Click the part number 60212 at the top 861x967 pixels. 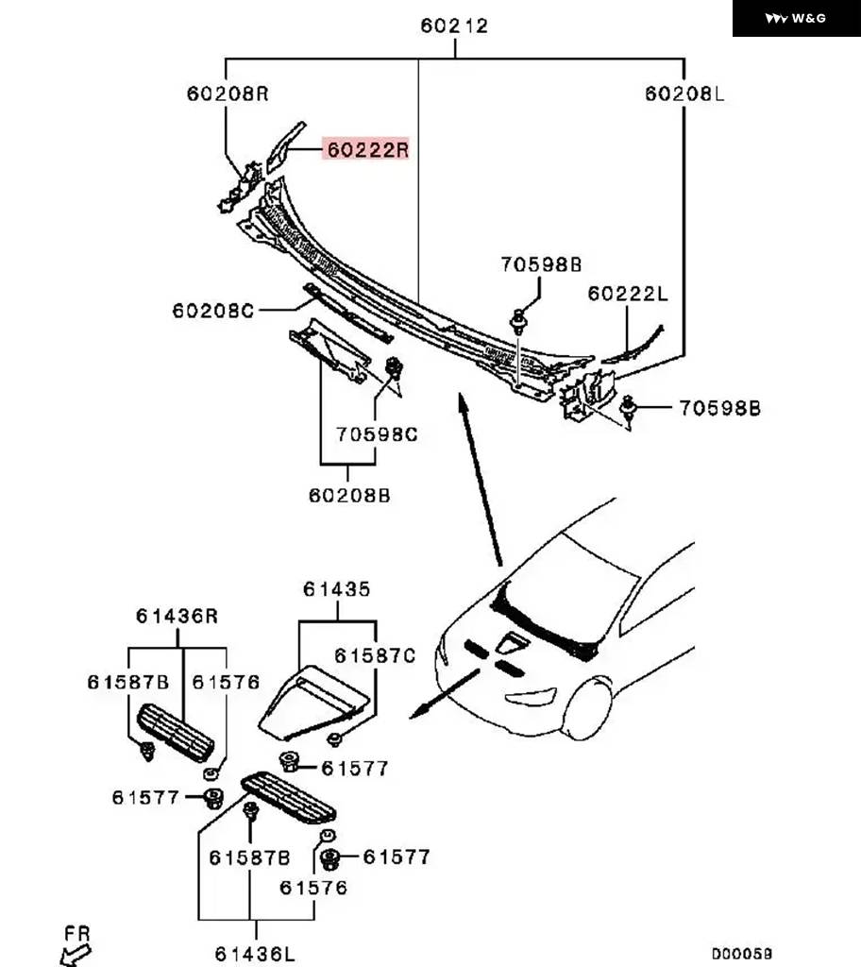pos(454,25)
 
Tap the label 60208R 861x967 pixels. pos(228,93)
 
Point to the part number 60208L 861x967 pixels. pos(684,93)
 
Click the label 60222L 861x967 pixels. pos(627,294)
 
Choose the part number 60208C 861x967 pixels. pos(212,310)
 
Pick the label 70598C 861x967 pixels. pos(377,434)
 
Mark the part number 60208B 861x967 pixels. pos(349,495)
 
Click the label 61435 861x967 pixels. pos(337,589)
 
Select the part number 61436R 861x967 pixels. pos(177,616)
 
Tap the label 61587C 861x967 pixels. pos(375,655)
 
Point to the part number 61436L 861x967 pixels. pos(255,954)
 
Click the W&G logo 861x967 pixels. pos(796,19)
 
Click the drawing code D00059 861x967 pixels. pos(741,954)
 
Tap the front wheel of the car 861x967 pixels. pos(588,708)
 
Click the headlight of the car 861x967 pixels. pos(531,697)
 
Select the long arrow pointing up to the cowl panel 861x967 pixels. pos(480,479)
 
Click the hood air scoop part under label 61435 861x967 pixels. pos(314,702)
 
